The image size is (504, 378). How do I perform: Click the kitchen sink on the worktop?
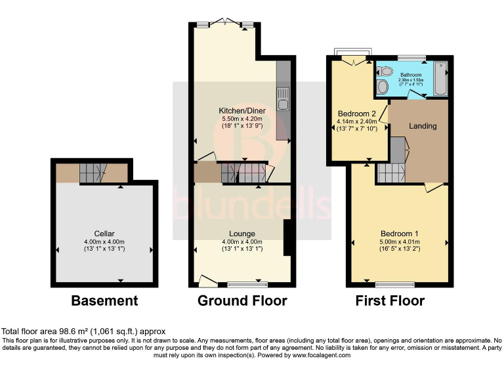pyautogui.click(x=283, y=99)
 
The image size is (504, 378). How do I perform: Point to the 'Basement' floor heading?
pyautogui.click(x=104, y=301)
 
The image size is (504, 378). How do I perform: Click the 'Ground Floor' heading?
pyautogui.click(x=242, y=301)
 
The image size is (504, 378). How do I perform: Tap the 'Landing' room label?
pyautogui.click(x=423, y=126)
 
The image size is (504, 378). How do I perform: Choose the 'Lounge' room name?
pyautogui.click(x=242, y=234)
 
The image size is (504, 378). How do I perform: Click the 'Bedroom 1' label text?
pyautogui.click(x=400, y=234)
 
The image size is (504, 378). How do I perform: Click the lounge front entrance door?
pyautogui.click(x=207, y=282)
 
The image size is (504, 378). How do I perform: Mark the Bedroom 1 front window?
pyautogui.click(x=399, y=284)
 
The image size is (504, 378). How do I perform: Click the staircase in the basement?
pyautogui.click(x=92, y=173)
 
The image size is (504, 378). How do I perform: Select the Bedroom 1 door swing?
pyautogui.click(x=431, y=188)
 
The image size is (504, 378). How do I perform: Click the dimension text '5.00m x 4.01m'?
pyautogui.click(x=400, y=241)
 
